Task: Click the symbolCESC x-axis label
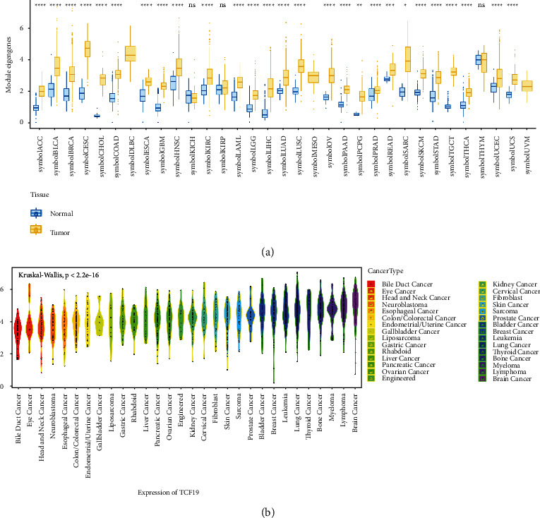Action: point(87,150)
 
